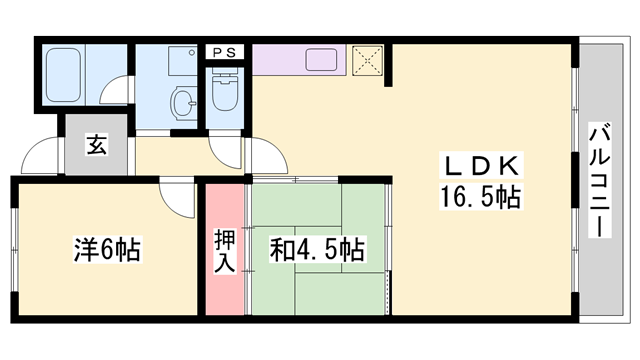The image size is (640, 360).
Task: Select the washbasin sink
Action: pyautogui.click(x=186, y=101)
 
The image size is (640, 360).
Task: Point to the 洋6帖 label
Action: pyautogui.click(x=106, y=248)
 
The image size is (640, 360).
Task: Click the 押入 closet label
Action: pyautogui.click(x=224, y=250)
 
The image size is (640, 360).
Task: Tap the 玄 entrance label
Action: pyautogui.click(x=96, y=145)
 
